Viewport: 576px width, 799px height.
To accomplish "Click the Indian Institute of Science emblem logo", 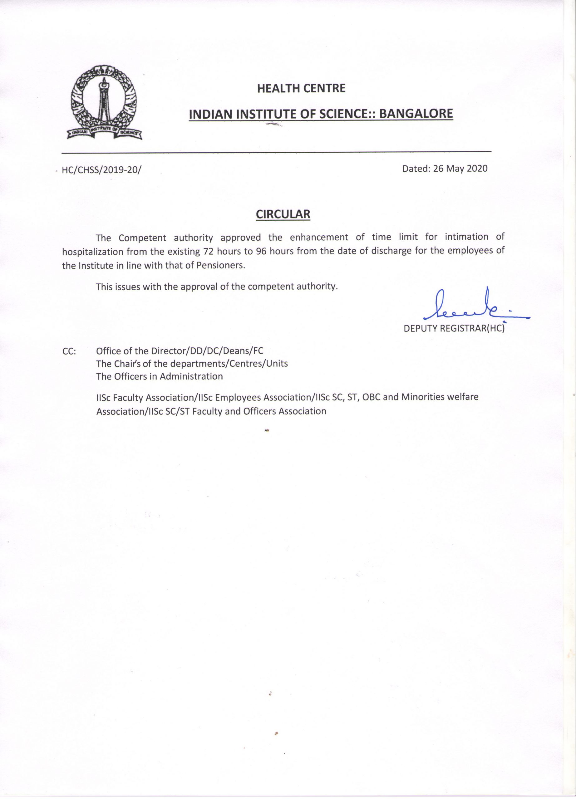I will [x=104, y=102].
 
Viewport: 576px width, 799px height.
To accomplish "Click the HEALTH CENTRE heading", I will [x=301, y=88].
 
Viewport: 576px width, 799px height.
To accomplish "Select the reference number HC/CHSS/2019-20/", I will [x=101, y=170].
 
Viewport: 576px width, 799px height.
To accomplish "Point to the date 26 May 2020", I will [x=460, y=169].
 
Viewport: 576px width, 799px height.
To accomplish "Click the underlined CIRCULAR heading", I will [x=283, y=214].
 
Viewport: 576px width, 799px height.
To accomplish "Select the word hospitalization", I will [x=93, y=252].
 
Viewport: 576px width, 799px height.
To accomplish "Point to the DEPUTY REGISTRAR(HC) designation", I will [x=454, y=328].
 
